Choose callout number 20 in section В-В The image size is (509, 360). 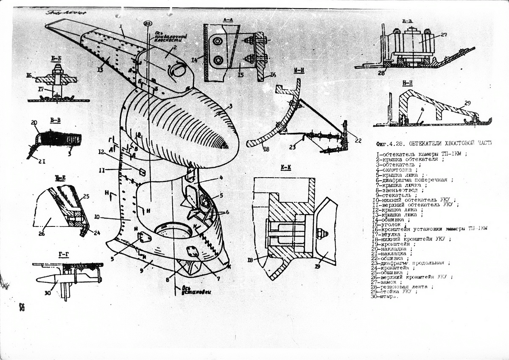35,123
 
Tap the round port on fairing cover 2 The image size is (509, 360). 178,70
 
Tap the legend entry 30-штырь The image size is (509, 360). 385,296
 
